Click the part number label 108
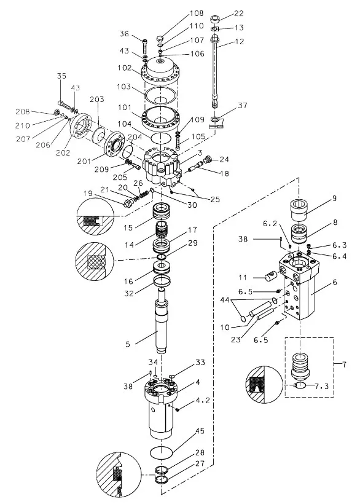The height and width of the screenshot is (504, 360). point(197,13)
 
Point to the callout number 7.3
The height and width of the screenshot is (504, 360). point(321,386)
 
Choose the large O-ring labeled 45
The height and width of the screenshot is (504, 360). point(162,452)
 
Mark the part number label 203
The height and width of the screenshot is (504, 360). point(96,99)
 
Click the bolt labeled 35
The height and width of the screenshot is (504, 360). point(65,104)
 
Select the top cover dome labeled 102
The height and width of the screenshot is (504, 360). point(160,71)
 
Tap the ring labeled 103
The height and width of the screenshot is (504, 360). point(160,96)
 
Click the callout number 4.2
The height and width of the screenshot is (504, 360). point(203,401)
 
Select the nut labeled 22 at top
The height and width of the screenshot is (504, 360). point(215,19)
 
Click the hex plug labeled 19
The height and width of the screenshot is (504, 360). point(128,203)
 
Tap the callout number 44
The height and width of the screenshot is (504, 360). point(225,300)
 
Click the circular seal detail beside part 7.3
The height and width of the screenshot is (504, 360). point(264,385)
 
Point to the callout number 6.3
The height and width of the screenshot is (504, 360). point(339,245)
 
